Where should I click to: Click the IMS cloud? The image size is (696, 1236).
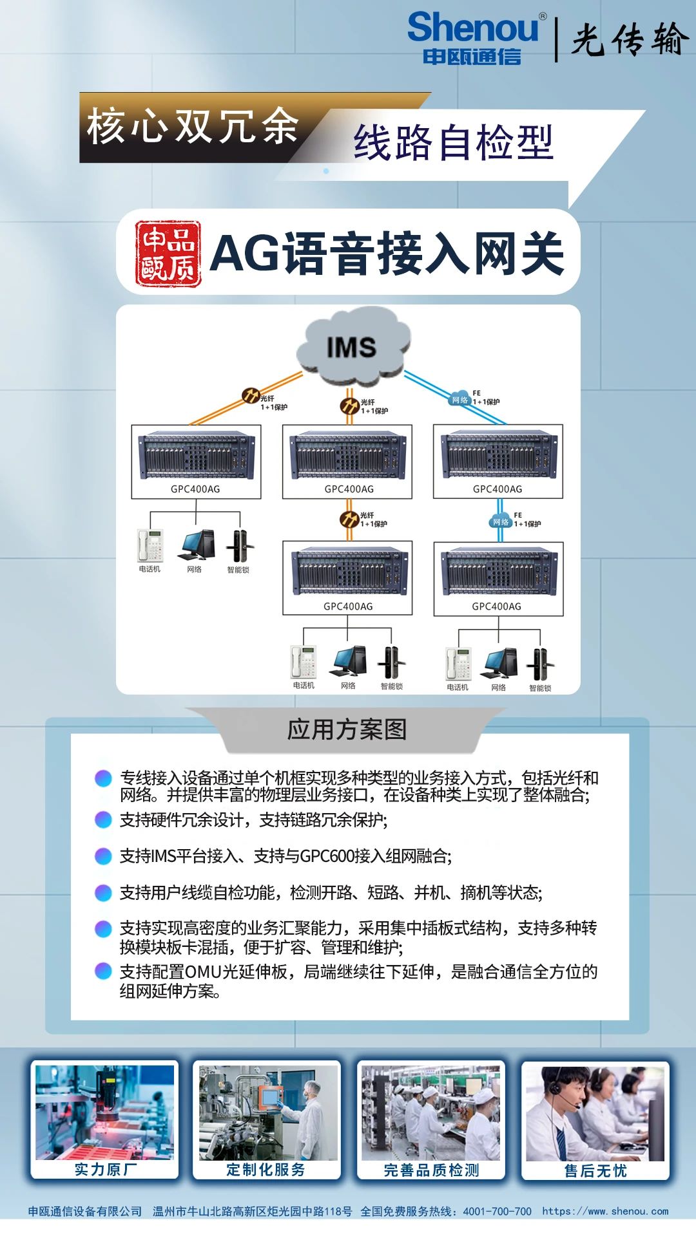tap(353, 348)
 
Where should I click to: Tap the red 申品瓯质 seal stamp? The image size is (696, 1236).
tap(168, 254)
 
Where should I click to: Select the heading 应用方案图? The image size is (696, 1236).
tap(347, 729)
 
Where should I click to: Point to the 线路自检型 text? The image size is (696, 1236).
tap(453, 142)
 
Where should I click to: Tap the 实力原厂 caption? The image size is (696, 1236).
tap(105, 1169)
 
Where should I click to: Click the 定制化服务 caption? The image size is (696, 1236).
tap(266, 1169)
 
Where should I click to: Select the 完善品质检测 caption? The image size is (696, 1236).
tap(431, 1170)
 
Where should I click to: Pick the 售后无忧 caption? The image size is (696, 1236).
tap(595, 1170)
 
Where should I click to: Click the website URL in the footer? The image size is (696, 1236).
tap(605, 1211)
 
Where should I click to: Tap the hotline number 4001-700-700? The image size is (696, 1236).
tap(497, 1211)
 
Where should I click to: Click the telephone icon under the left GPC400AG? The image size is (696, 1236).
tap(150, 546)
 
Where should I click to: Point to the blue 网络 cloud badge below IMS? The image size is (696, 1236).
tap(459, 399)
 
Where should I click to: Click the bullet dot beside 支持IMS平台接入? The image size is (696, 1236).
tap(103, 856)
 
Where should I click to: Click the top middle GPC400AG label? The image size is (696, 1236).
tap(349, 489)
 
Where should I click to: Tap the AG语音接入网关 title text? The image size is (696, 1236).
tap(387, 254)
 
